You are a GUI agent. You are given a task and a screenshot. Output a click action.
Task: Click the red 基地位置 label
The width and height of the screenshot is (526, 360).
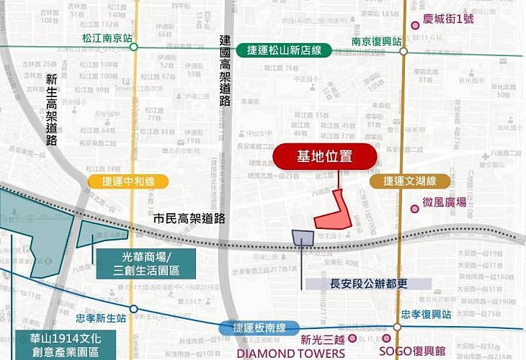(x=325, y=156)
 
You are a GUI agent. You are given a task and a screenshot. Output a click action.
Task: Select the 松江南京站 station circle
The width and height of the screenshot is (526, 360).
(x=133, y=47)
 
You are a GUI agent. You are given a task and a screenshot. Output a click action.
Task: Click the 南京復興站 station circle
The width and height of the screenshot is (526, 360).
(x=404, y=51)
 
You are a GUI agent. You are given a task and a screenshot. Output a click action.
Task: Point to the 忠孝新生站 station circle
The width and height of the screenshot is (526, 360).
(x=133, y=309)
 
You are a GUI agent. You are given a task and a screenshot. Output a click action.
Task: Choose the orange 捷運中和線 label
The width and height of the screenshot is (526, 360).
(x=128, y=181)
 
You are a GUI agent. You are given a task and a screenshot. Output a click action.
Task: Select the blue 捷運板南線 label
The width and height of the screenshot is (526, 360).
(x=258, y=328)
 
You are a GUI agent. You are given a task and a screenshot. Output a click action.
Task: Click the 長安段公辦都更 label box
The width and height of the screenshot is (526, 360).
(x=367, y=284)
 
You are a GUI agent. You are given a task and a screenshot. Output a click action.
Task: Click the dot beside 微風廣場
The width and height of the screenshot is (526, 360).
(x=415, y=209)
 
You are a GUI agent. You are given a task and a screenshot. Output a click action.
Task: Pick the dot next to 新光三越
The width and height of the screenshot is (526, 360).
(x=352, y=338)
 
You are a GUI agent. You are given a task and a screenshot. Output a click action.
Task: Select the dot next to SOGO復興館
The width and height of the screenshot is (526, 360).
(x=386, y=338)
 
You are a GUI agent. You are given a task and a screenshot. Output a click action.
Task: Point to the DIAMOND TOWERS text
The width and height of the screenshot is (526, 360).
(x=290, y=354)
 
